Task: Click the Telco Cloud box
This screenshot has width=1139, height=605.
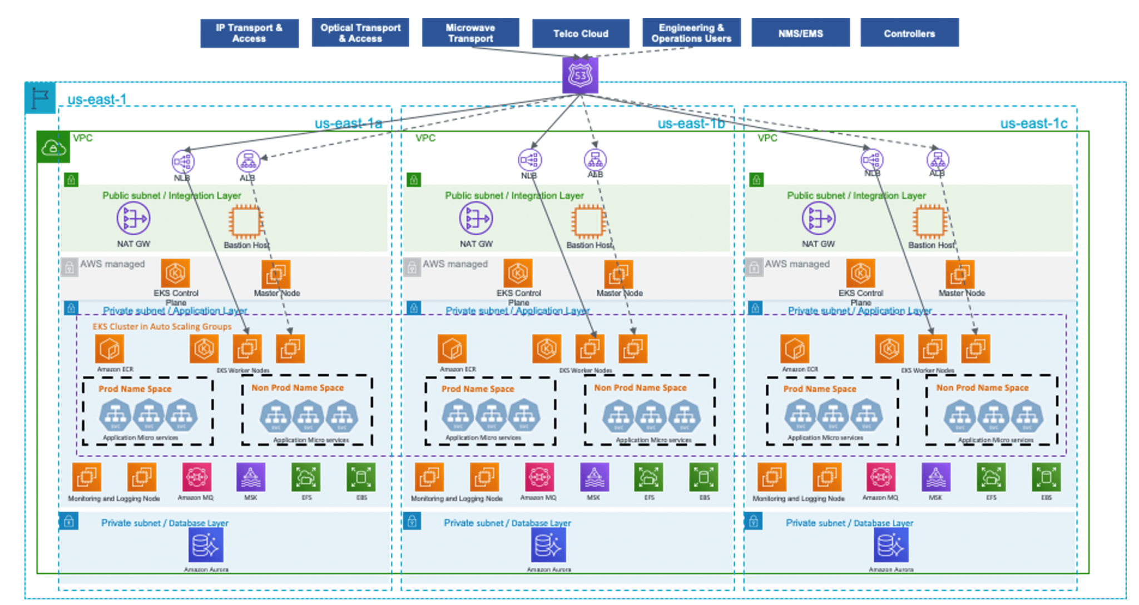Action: coord(580,33)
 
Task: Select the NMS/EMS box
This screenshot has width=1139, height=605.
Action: coord(800,33)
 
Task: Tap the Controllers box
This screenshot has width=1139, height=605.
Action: coord(909,33)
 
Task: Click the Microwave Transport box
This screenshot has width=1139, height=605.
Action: coord(470,33)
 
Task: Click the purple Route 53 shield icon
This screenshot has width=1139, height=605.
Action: coord(580,75)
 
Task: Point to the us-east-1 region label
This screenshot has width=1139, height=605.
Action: coord(97,100)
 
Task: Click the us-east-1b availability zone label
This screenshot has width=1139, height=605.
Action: coord(691,123)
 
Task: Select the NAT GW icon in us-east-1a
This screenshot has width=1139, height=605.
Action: coord(133,219)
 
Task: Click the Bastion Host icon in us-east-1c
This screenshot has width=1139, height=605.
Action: coord(929,221)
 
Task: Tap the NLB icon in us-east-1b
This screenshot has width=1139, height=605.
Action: coord(529,160)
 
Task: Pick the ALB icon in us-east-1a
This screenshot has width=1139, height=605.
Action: coord(248,161)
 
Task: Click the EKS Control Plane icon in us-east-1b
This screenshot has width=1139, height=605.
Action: coord(518,273)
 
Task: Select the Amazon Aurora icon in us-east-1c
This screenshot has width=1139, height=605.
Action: coord(891,545)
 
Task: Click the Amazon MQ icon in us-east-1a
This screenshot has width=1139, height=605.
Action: coord(196,477)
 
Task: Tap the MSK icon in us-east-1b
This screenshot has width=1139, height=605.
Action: coord(594,477)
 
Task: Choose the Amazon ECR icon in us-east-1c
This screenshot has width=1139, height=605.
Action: coord(794,349)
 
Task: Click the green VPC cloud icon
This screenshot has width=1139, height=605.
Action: coord(53,147)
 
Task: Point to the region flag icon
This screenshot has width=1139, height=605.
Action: coord(40,98)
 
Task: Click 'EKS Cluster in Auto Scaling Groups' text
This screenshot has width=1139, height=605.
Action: coord(162,326)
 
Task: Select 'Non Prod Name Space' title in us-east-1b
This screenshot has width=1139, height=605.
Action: coord(640,388)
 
